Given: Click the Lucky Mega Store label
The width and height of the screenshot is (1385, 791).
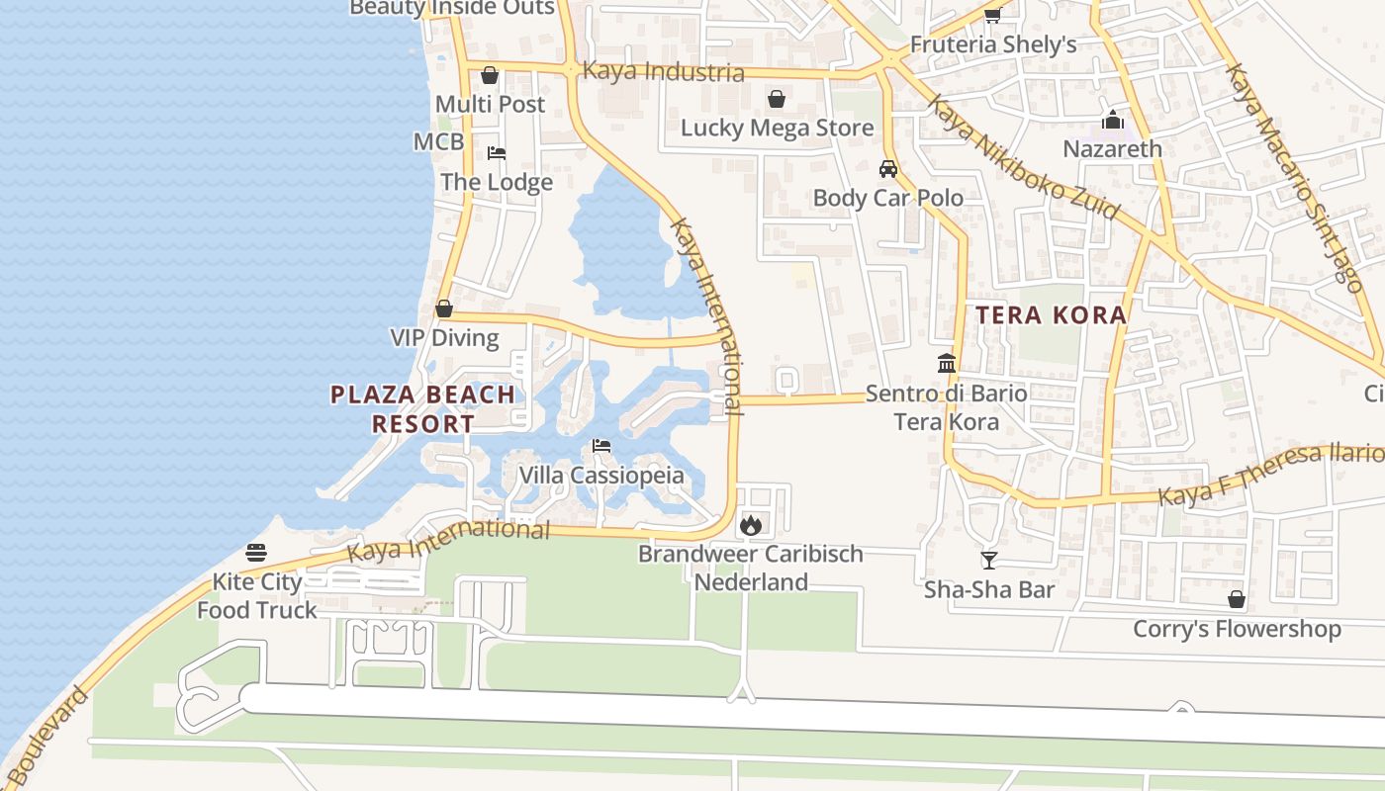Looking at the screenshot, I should pyautogui.click(x=777, y=129).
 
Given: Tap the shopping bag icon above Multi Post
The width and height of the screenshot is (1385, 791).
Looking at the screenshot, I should pyautogui.click(x=490, y=75).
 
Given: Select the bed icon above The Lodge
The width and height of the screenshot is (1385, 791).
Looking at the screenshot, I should pyautogui.click(x=497, y=153).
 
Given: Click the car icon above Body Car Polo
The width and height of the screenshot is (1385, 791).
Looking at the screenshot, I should pyautogui.click(x=888, y=169).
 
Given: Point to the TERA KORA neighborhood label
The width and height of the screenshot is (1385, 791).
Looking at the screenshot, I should pyautogui.click(x=1051, y=315).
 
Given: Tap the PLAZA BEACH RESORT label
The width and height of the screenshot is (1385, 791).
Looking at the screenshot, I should pyautogui.click(x=422, y=409).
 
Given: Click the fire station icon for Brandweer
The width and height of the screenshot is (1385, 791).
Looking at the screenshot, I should pyautogui.click(x=751, y=525).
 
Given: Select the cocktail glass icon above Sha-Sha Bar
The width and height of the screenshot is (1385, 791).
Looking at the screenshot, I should pyautogui.click(x=988, y=561).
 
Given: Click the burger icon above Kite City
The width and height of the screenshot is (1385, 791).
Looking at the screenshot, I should pyautogui.click(x=256, y=553).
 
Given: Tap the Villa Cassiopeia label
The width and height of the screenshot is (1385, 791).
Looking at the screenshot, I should pyautogui.click(x=601, y=476).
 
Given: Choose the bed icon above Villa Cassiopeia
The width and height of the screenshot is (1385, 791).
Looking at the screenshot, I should pyautogui.click(x=601, y=446).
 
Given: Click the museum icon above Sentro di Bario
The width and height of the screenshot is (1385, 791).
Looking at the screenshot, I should pyautogui.click(x=947, y=363).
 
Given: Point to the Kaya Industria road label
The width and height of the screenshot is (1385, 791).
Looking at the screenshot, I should pyautogui.click(x=663, y=72).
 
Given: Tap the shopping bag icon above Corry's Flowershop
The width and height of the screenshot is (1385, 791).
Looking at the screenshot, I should pyautogui.click(x=1236, y=599).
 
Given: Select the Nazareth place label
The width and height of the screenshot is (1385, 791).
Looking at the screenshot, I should pyautogui.click(x=1112, y=149).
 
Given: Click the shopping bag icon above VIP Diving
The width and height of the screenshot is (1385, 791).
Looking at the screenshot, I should pyautogui.click(x=444, y=308).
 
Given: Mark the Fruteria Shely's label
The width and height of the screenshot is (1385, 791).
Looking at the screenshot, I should pyautogui.click(x=992, y=44).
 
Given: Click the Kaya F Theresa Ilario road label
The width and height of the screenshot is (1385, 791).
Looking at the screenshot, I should pyautogui.click(x=1270, y=475).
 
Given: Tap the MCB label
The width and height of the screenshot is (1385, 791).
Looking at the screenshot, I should pyautogui.click(x=438, y=141).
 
